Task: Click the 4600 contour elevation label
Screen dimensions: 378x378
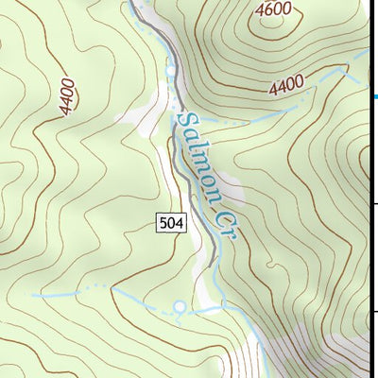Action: click(x=273, y=10)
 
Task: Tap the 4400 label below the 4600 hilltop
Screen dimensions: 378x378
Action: click(x=286, y=87)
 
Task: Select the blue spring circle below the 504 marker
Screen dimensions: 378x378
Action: click(x=180, y=306)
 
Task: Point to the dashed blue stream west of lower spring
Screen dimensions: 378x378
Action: click(x=85, y=292)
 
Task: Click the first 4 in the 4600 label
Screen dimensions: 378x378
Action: click(x=261, y=9)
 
